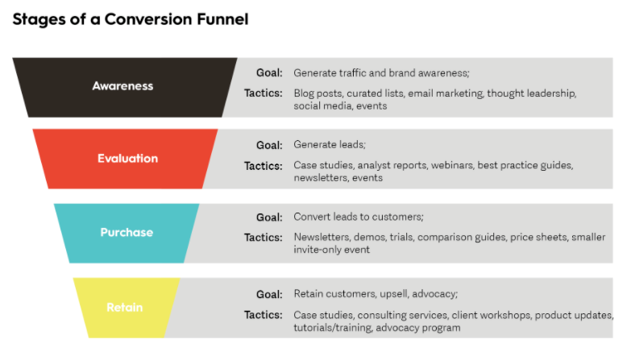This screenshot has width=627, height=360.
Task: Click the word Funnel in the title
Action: click(222, 19)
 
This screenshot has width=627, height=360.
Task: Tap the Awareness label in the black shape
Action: click(122, 86)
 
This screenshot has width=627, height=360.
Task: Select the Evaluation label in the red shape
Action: click(128, 158)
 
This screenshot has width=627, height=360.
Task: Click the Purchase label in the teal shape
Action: click(127, 232)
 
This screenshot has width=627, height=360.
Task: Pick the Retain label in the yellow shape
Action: click(125, 308)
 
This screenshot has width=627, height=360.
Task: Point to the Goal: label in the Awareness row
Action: click(269, 72)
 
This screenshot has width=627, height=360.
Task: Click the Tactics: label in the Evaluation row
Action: click(263, 166)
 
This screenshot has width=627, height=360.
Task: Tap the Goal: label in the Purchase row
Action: click(269, 217)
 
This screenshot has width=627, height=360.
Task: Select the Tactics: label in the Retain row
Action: click(263, 315)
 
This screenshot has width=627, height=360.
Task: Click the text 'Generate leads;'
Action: click(330, 145)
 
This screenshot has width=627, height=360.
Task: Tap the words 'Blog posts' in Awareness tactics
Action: click(318, 93)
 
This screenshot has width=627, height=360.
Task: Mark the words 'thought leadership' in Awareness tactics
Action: click(531, 93)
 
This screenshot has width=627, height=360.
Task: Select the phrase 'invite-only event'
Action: click(331, 250)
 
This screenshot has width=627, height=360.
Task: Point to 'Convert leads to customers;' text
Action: click(359, 217)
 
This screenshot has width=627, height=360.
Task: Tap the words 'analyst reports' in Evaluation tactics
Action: click(392, 165)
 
